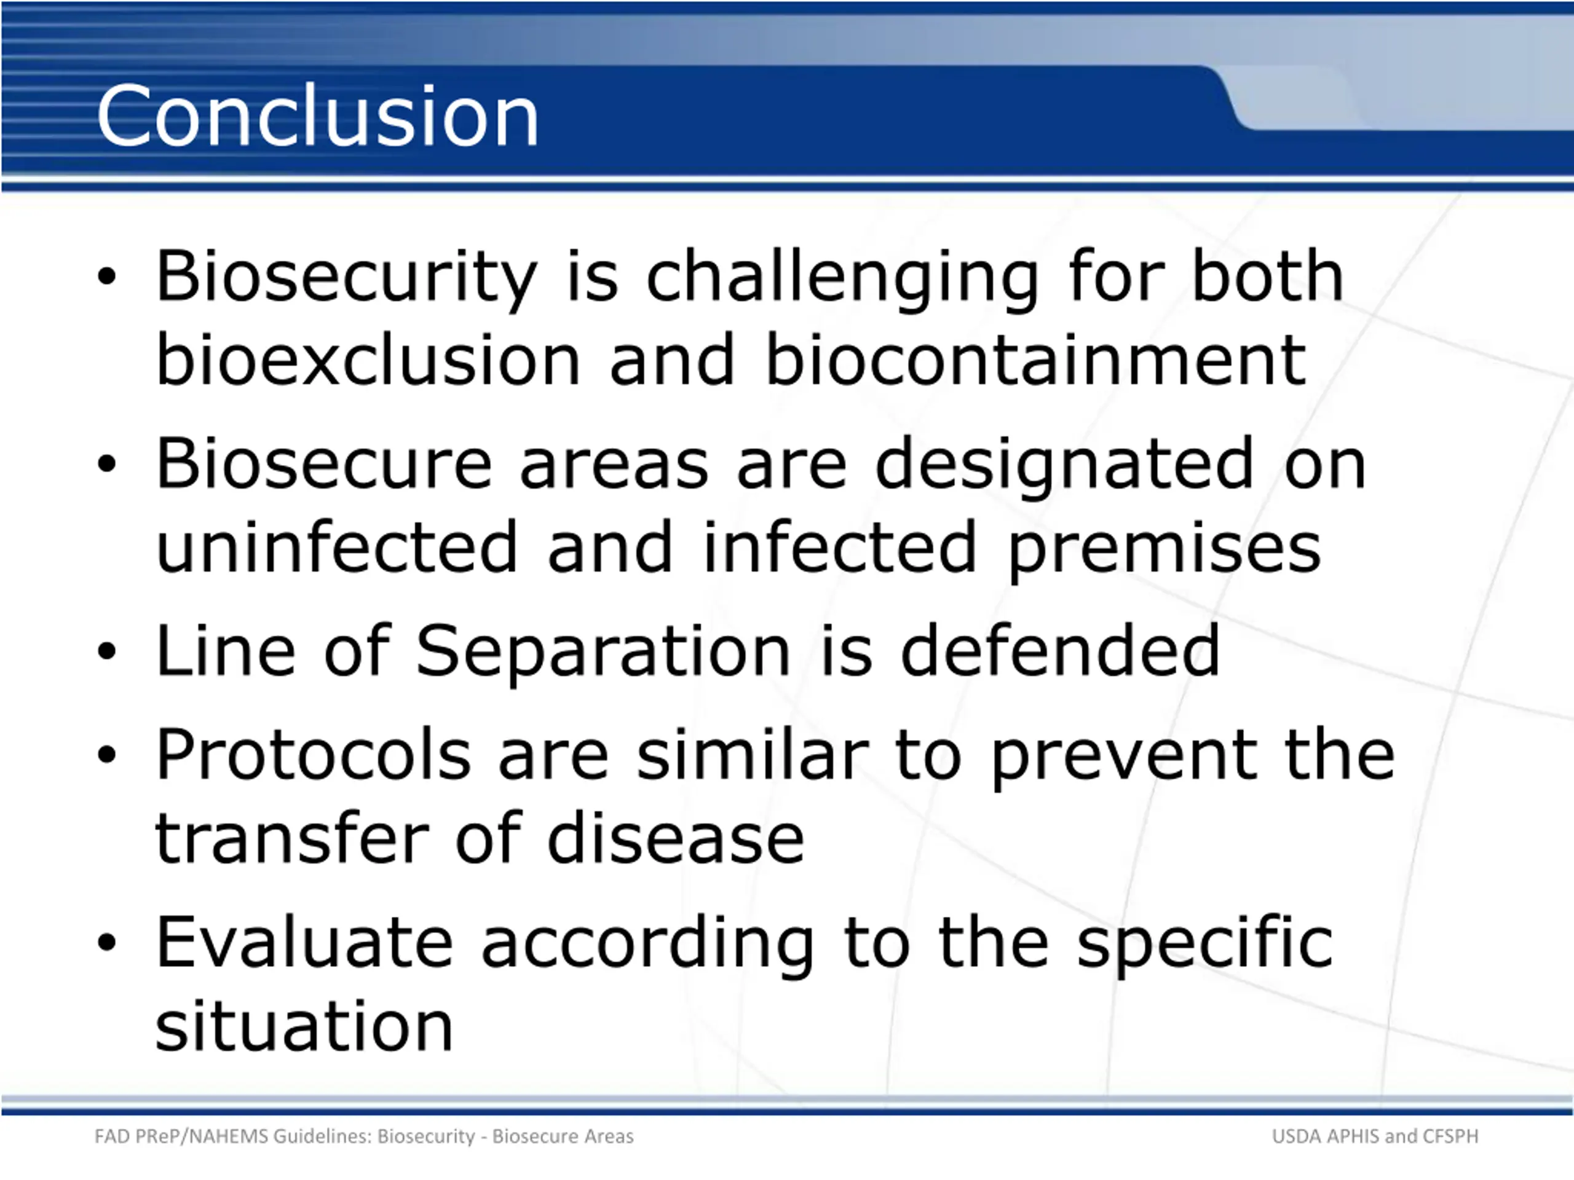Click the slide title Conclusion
317,115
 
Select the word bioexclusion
368,360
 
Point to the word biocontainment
1036,360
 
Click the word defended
1060,650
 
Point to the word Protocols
313,755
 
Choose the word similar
752,755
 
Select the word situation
304,1025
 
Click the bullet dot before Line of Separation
107,651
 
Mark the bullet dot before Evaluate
107,942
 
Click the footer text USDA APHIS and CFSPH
1375,1136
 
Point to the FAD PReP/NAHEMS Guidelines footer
363,1136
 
